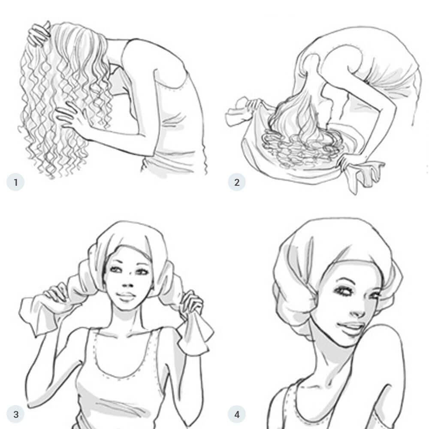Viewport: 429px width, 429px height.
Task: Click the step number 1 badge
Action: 16,182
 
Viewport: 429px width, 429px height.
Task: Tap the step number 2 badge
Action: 236,182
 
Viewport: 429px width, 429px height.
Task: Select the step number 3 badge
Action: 16,414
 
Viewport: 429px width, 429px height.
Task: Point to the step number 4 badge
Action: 236,414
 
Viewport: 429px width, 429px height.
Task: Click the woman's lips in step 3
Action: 127,297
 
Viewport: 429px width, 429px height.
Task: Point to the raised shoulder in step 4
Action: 386,339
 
